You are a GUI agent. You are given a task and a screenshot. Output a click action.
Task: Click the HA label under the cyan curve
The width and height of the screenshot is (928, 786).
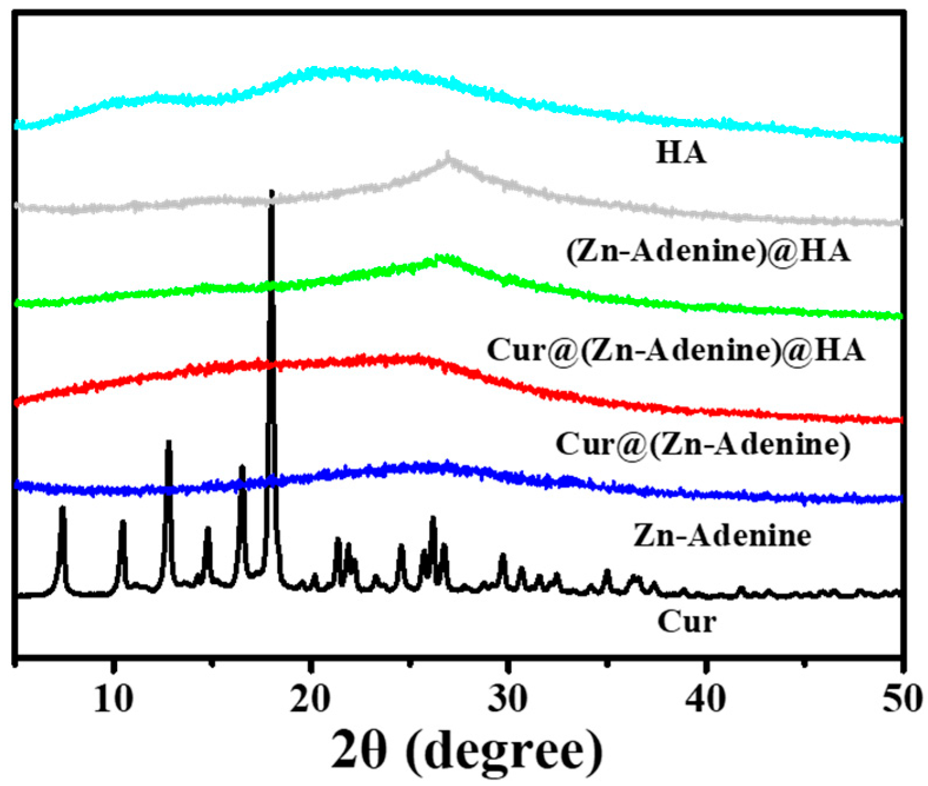[x=681, y=152]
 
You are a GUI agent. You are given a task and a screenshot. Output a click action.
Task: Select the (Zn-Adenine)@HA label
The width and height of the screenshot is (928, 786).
[x=708, y=251]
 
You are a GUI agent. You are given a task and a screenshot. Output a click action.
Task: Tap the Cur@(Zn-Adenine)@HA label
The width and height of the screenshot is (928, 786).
[x=676, y=350]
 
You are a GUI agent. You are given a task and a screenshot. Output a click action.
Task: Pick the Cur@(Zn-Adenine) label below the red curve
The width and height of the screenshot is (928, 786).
[x=703, y=444]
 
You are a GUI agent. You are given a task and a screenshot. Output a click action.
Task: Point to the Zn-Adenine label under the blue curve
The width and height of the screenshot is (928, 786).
[x=722, y=536]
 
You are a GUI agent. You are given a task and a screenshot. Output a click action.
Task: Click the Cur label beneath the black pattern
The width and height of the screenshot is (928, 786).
[x=687, y=622]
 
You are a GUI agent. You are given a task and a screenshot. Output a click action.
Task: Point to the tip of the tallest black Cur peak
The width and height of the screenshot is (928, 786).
[x=271, y=191]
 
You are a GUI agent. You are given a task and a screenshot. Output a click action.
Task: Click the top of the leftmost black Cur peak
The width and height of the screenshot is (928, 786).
[x=62, y=508]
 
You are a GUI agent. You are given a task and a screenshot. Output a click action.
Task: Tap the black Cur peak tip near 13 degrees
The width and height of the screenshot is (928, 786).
[x=168, y=442]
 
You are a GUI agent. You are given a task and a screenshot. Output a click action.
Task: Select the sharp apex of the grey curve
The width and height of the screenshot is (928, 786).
[x=448, y=155]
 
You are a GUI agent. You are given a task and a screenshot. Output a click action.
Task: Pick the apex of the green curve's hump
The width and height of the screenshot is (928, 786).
[x=438, y=257]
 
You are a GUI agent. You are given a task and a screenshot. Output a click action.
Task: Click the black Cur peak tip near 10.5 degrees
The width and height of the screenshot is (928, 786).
[x=122, y=522]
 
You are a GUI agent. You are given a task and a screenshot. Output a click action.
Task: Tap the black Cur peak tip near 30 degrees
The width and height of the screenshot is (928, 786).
[x=503, y=555]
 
